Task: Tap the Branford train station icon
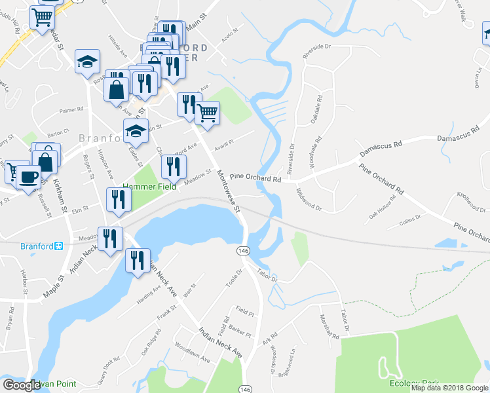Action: point(58,246)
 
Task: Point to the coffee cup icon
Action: point(28,177)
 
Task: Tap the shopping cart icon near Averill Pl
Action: point(208,113)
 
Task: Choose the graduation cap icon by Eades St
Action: point(136,131)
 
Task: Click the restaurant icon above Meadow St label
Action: point(173,167)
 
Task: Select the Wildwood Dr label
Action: point(309,199)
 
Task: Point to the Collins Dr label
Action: point(410,223)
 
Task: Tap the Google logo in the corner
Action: point(21,385)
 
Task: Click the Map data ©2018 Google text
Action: point(449,388)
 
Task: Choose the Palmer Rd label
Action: point(72,111)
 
